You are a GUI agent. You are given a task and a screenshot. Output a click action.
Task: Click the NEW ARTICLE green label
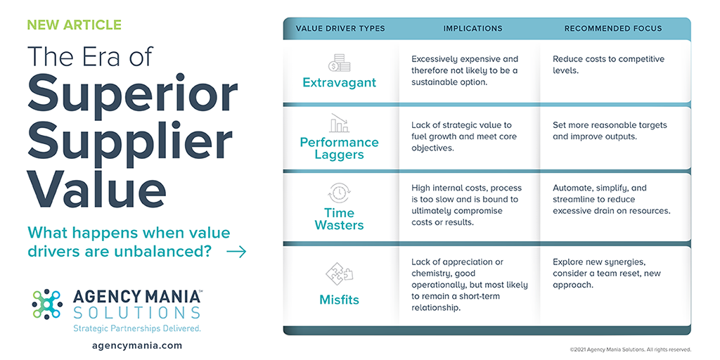click(x=75, y=25)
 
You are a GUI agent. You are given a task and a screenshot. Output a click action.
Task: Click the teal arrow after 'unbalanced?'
click(x=236, y=252)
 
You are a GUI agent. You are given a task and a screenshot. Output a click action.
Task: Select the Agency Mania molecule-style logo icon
click(x=47, y=304)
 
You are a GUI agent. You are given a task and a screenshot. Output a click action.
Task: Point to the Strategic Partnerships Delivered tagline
click(x=137, y=328)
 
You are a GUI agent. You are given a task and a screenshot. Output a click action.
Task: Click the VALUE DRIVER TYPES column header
click(x=340, y=28)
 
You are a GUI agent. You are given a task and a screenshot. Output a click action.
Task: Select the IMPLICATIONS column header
click(x=472, y=28)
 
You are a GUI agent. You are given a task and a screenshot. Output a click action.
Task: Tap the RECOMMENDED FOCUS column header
click(x=613, y=28)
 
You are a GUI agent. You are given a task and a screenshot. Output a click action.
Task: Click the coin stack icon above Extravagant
click(x=340, y=63)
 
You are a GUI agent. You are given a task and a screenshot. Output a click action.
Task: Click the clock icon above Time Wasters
click(x=340, y=194)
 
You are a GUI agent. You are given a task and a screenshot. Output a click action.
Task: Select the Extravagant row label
click(x=340, y=83)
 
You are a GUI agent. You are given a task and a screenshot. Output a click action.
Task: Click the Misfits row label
click(x=340, y=300)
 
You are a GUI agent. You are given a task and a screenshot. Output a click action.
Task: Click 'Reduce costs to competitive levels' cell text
click(x=608, y=65)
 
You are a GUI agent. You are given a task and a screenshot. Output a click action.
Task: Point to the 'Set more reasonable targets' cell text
click(x=610, y=130)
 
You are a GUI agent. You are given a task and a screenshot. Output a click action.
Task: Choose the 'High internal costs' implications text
click(x=467, y=205)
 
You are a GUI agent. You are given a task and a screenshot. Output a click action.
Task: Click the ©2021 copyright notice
click(x=630, y=349)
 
